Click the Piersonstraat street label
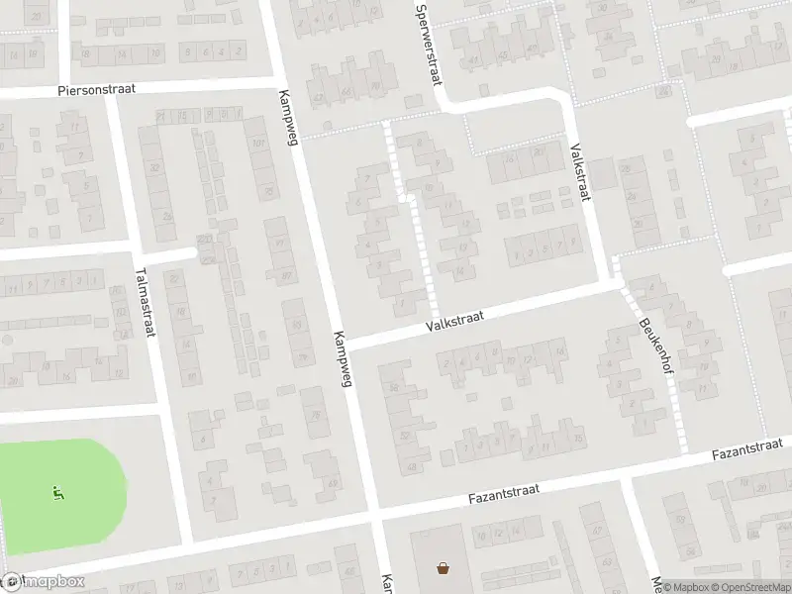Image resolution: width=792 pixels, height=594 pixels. pos(95,88)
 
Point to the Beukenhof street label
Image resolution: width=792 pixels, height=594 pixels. pos(653,340)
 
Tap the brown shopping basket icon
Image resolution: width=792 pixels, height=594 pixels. pos(443,568)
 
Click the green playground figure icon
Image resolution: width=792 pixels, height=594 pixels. pos(57,492)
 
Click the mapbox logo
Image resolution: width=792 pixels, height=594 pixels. pos(43,582)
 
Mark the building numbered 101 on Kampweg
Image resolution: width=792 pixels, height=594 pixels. pos(259,145)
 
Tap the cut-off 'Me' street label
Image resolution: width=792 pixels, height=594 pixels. pos(655,582)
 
